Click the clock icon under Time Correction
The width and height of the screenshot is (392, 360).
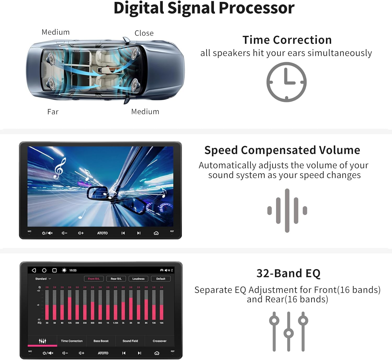(x=286, y=82)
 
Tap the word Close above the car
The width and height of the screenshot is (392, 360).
(x=144, y=33)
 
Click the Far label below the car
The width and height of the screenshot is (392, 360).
(x=53, y=112)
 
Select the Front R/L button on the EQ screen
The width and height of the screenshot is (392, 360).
(x=94, y=279)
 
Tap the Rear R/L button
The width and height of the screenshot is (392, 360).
(x=116, y=279)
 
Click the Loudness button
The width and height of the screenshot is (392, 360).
(x=138, y=279)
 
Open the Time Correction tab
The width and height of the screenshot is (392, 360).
(x=72, y=341)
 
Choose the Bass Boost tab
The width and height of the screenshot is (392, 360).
(x=101, y=341)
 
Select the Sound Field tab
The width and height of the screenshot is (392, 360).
(x=130, y=341)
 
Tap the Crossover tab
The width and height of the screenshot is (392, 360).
(x=159, y=341)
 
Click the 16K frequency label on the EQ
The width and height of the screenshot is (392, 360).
(x=162, y=323)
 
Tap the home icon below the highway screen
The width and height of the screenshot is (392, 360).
(x=156, y=233)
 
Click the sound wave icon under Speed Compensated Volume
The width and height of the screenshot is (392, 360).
(x=287, y=210)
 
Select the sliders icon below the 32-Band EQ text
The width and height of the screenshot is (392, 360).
(x=289, y=331)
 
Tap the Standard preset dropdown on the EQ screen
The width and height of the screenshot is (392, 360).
(x=43, y=279)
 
